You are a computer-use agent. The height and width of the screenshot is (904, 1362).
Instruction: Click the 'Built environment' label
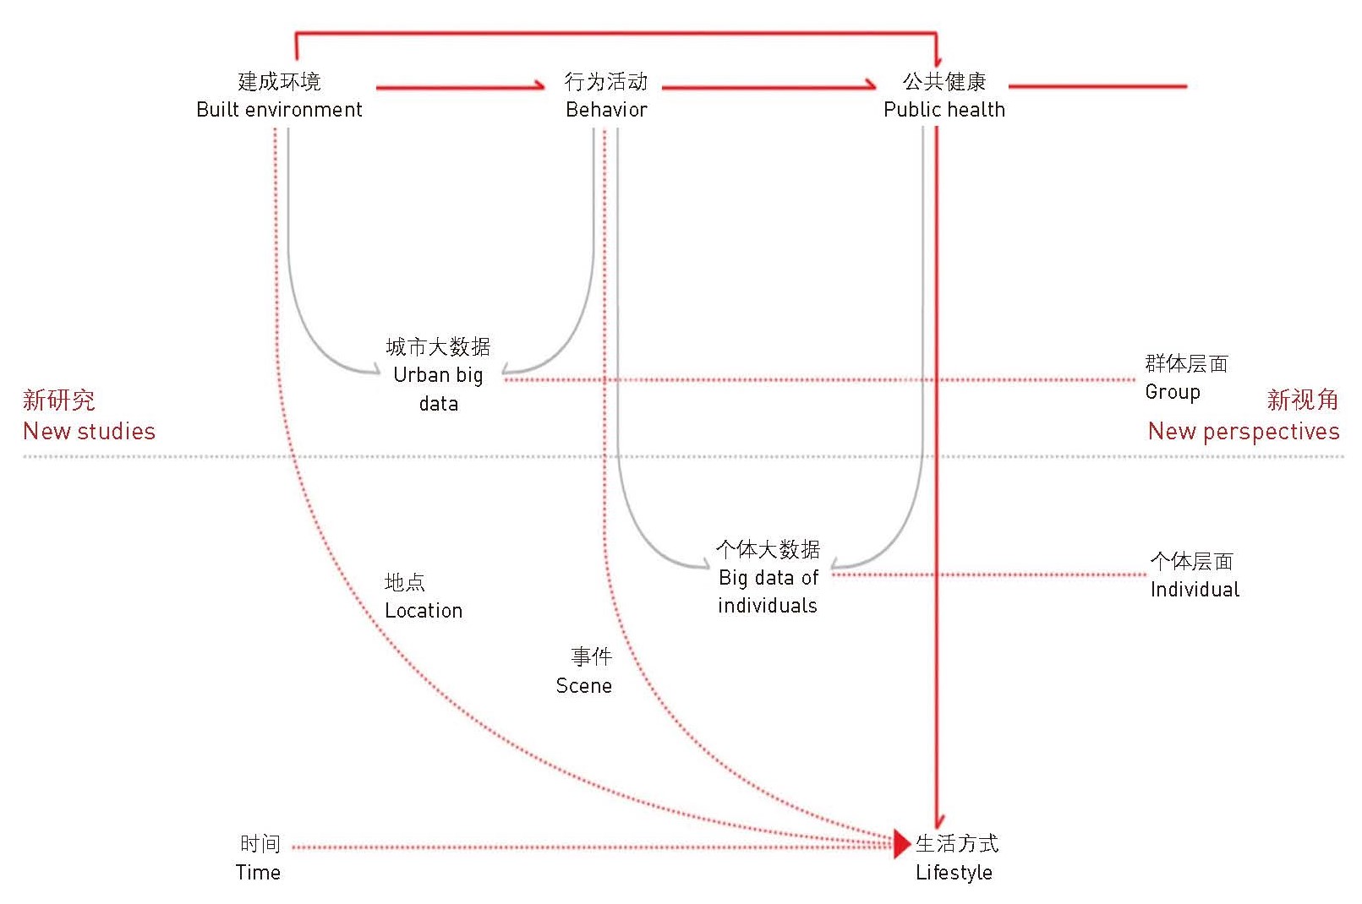[279, 110]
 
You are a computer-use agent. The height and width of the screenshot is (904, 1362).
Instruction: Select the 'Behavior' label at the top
[606, 110]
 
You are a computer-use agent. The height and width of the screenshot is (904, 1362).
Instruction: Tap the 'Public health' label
[944, 110]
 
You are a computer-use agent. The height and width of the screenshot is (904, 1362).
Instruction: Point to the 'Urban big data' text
[438, 376]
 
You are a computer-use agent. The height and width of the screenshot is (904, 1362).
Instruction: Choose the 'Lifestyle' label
[954, 872]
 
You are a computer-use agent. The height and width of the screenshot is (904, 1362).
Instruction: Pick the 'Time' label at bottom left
[258, 872]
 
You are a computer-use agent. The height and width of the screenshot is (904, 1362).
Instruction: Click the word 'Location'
[424, 610]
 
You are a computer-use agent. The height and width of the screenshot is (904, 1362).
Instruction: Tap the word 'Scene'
[583, 685]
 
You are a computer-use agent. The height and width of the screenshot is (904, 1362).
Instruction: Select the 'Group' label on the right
[1172, 392]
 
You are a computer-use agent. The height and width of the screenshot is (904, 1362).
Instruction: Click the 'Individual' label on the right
[1195, 589]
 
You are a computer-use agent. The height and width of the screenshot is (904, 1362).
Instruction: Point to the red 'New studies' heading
[89, 431]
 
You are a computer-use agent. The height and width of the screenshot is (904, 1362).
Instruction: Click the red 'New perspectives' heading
[1243, 431]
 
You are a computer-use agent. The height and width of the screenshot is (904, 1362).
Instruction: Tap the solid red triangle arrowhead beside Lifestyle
[901, 842]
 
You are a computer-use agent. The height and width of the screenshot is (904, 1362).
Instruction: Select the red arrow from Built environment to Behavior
[461, 86]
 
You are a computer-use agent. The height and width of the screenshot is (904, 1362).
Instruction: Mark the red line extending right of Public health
[1097, 86]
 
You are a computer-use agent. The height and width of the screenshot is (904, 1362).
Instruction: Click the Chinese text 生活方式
[956, 843]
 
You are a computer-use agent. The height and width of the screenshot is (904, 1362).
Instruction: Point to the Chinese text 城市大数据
[438, 346]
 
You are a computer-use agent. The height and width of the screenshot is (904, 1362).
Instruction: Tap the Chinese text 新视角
[1302, 400]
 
